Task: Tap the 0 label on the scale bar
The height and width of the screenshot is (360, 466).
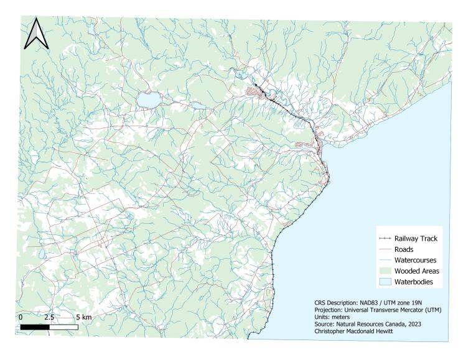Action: [x=22, y=316]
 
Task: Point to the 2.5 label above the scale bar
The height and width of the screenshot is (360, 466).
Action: [x=49, y=316]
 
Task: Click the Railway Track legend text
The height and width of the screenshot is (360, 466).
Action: [x=416, y=238]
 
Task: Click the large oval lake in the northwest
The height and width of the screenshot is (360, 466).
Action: [x=149, y=99]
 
